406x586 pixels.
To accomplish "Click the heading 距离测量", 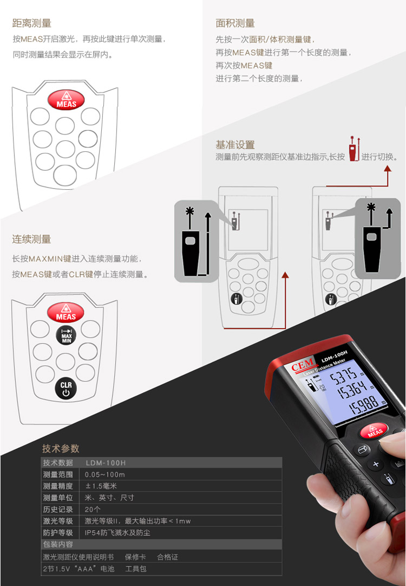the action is [32, 23].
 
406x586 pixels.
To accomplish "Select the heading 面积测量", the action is [235, 23].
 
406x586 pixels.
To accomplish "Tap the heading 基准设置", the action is [235, 145].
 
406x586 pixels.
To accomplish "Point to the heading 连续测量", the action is [32, 239].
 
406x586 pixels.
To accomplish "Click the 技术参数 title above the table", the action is [61, 448].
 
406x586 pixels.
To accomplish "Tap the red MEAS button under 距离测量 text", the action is [66, 100].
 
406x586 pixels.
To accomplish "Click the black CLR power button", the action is [66, 389].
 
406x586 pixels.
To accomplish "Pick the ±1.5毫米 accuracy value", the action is [101, 486].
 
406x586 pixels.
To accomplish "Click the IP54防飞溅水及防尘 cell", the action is [117, 532].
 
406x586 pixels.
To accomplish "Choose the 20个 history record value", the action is [93, 509].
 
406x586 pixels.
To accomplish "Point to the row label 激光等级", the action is [58, 521].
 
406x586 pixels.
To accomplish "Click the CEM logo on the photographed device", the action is [303, 365].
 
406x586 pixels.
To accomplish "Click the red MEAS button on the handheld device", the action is [374, 430].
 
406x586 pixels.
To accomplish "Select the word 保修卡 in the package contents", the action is [135, 557].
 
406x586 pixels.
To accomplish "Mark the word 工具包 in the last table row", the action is [136, 569].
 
